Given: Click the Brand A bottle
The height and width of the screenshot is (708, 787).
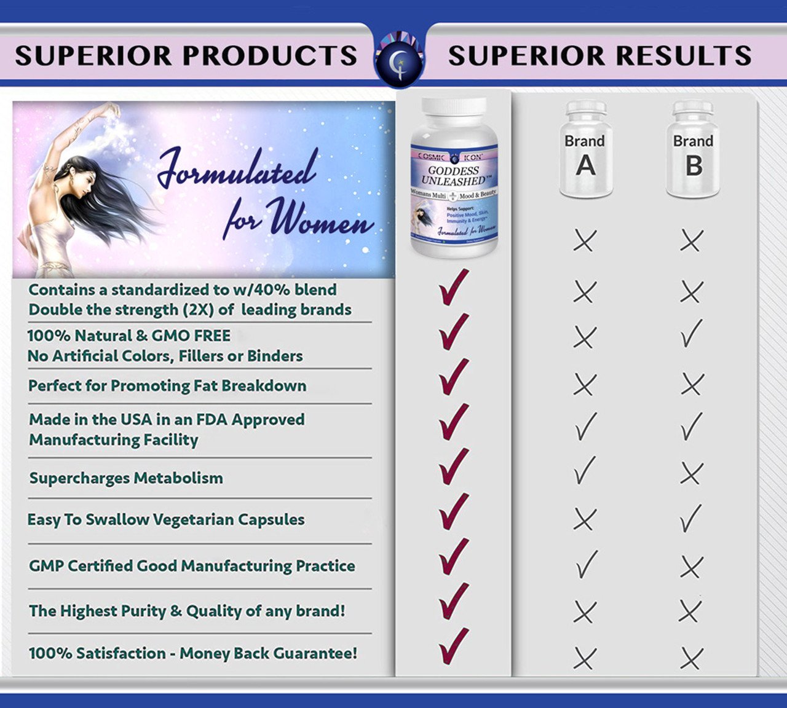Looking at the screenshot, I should click(585, 150).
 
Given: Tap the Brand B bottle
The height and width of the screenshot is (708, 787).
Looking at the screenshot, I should click(693, 150).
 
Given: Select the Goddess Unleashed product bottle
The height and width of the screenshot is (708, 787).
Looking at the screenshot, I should click(454, 178).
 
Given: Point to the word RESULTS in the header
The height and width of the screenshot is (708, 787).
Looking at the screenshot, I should click(684, 55).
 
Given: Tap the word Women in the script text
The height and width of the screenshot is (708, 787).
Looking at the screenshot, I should click(320, 218).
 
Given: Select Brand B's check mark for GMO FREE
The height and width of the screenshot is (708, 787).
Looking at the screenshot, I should click(692, 334).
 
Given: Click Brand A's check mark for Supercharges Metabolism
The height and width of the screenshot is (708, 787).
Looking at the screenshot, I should click(585, 470).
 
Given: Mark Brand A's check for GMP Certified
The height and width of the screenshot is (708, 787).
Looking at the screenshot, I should click(586, 564).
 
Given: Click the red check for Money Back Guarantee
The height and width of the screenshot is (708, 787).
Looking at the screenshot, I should click(454, 645).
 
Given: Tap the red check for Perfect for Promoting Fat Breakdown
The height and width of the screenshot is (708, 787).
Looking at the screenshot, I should click(454, 377).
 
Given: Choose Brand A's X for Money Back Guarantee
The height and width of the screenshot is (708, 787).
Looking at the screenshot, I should click(585, 658).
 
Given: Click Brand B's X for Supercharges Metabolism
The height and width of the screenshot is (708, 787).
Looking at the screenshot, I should click(692, 474).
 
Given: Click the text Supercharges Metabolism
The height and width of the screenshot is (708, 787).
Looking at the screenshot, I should click(126, 478).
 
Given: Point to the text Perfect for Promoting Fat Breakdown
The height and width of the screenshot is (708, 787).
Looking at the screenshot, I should click(167, 386).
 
